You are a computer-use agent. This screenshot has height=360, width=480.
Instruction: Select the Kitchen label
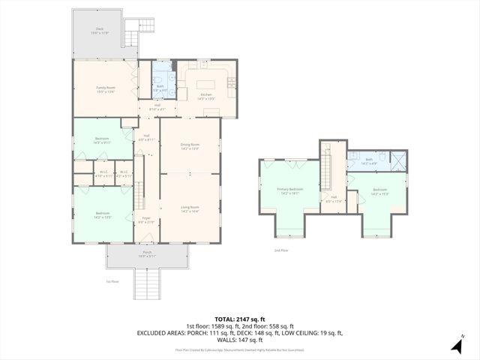click(205, 95)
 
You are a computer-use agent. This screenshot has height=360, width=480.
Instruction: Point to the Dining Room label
click(190, 146)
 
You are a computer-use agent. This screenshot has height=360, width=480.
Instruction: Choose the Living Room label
click(190, 208)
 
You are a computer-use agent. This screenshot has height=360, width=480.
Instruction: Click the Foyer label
click(147, 220)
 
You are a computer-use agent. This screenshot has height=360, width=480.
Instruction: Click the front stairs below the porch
click(147, 283)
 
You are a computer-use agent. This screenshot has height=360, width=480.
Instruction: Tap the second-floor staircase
click(328, 169)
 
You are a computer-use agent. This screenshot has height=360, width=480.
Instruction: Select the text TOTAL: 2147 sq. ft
click(239, 319)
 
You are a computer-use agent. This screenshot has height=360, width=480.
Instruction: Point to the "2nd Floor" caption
click(280, 250)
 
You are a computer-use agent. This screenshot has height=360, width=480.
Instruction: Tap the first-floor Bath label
click(160, 87)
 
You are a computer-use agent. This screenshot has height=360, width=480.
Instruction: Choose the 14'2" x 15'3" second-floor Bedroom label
click(379, 191)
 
